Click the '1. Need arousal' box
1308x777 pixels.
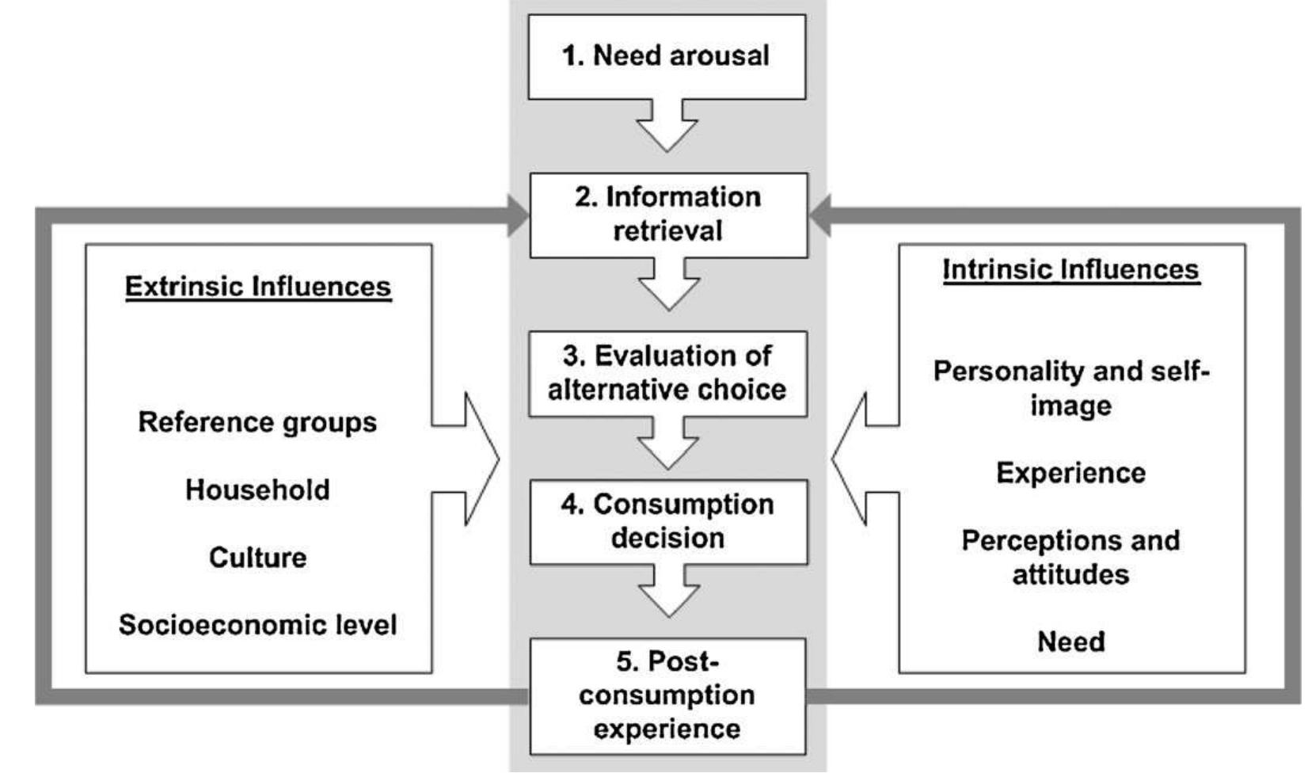click(x=667, y=56)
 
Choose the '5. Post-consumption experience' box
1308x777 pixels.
click(x=667, y=695)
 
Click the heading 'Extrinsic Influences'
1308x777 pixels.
click(x=258, y=287)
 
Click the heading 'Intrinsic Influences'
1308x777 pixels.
click(x=1070, y=270)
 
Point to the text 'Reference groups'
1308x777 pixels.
click(x=257, y=422)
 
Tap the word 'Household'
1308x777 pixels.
click(x=257, y=489)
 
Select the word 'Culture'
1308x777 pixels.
click(x=257, y=558)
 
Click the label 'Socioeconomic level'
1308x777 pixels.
click(x=257, y=625)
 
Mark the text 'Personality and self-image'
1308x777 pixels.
click(x=1070, y=388)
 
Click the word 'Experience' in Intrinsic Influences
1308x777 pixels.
click(x=1070, y=473)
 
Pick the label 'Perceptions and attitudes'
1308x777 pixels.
click(x=1070, y=557)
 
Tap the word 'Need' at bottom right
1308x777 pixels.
click(x=1070, y=641)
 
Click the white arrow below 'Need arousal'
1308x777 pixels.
click(x=667, y=128)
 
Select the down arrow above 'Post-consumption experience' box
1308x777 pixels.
click(x=668, y=594)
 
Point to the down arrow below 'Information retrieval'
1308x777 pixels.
click(x=668, y=287)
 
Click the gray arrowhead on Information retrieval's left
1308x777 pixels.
click(x=519, y=215)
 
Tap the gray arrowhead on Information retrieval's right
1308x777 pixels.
click(x=819, y=215)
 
